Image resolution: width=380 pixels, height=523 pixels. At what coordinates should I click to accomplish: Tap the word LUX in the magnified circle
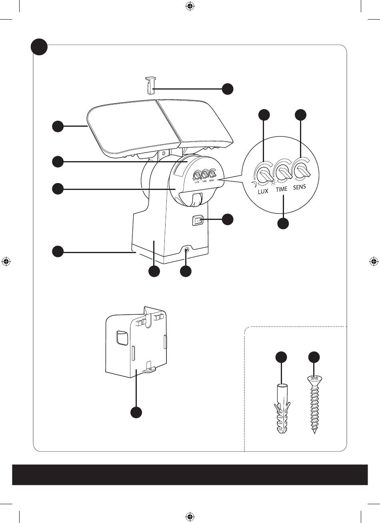pos(263,192)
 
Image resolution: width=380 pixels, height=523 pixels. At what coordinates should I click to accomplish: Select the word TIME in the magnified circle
pos(282,190)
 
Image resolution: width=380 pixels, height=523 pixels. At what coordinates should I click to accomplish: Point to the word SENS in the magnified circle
pos(300,186)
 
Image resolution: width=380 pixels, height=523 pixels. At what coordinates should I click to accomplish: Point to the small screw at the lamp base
pos(186,251)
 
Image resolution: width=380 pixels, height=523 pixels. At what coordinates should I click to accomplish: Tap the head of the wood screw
pos(314,378)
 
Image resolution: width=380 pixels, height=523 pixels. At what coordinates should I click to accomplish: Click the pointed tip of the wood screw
pos(314,433)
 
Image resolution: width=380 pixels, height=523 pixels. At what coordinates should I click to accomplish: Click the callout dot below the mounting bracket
pos(136,412)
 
